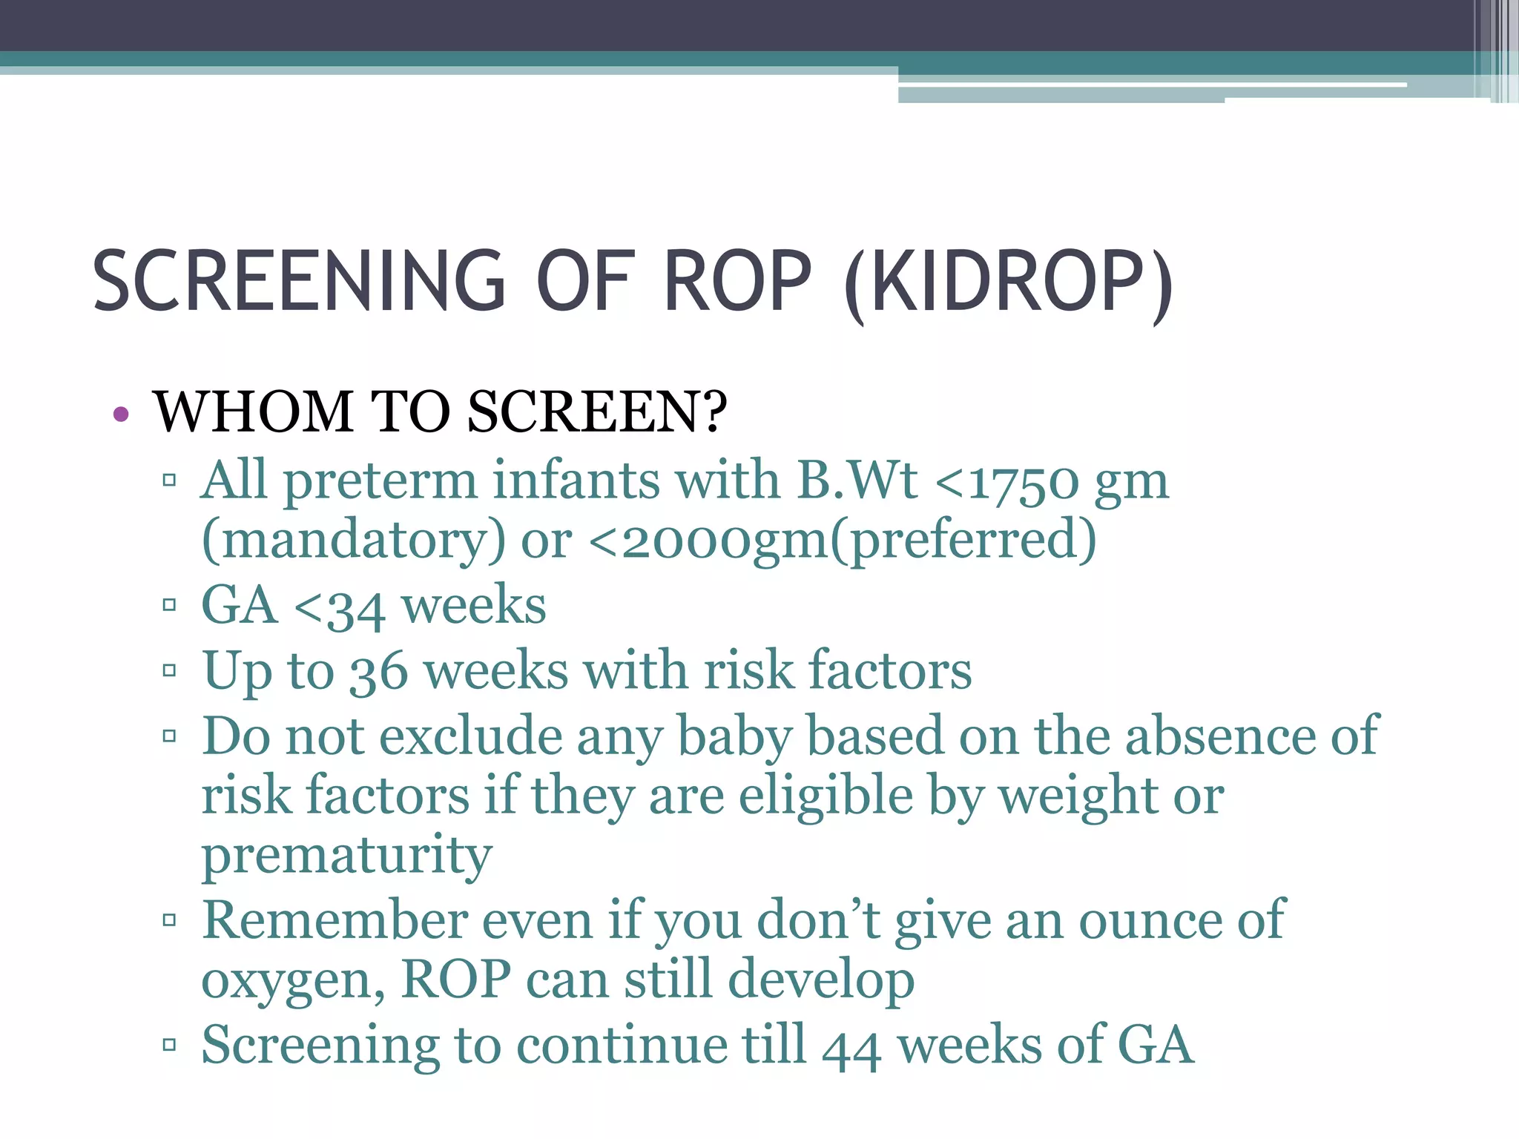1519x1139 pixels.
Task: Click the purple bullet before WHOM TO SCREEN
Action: point(122,415)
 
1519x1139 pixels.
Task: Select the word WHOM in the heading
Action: point(253,412)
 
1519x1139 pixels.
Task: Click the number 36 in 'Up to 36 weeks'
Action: point(378,672)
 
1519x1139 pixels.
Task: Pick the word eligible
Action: point(826,796)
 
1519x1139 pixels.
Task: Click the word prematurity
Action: point(346,856)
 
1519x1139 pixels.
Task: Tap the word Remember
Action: point(335,921)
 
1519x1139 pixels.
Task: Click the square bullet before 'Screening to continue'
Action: point(169,1045)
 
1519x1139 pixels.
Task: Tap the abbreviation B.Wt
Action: point(857,481)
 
